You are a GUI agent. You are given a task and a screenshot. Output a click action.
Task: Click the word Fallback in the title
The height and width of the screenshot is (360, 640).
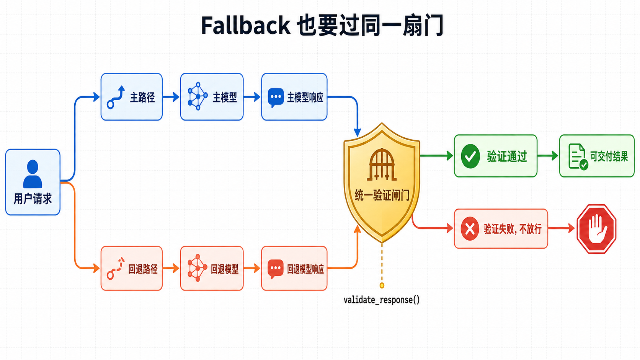tap(246, 25)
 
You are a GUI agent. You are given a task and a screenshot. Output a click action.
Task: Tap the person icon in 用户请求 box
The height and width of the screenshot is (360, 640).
tap(33, 174)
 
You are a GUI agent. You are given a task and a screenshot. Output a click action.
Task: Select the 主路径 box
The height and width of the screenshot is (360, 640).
tap(131, 97)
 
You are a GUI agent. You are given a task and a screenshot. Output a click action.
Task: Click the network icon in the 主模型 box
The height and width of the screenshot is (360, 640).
tap(198, 96)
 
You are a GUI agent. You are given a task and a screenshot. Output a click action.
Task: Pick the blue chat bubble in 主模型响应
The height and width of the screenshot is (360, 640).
tap(276, 98)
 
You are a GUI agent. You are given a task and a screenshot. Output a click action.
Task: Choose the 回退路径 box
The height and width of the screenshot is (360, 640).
tap(131, 268)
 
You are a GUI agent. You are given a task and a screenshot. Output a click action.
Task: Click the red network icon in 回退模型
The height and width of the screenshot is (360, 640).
tap(198, 268)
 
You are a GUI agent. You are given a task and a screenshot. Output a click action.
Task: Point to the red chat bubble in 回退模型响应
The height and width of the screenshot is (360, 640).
tap(276, 269)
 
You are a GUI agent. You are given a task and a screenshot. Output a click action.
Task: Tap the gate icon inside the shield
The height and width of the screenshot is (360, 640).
tap(382, 165)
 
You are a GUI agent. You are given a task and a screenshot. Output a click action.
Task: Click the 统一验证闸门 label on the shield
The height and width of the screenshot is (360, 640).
tap(382, 195)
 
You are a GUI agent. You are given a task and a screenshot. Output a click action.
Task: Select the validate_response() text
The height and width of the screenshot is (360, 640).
tap(382, 300)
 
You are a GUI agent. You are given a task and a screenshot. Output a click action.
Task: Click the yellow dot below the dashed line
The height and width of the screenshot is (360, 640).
tap(382, 285)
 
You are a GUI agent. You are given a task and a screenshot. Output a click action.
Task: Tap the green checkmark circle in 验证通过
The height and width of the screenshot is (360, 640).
tap(470, 156)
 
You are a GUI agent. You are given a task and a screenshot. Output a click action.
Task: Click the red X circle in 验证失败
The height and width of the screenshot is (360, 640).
tap(470, 229)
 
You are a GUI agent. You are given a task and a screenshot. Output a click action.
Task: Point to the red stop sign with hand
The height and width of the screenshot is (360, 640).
tap(596, 229)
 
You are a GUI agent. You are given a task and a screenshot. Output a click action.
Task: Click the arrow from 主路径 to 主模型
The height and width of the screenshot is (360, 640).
tap(171, 97)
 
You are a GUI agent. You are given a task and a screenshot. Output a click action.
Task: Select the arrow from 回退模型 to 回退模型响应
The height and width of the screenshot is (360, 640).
tap(252, 268)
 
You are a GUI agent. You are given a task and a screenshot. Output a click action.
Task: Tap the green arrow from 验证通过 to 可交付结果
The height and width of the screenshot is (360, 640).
tap(548, 156)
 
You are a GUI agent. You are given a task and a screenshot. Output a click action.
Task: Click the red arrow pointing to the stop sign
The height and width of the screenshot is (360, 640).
tap(562, 228)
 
